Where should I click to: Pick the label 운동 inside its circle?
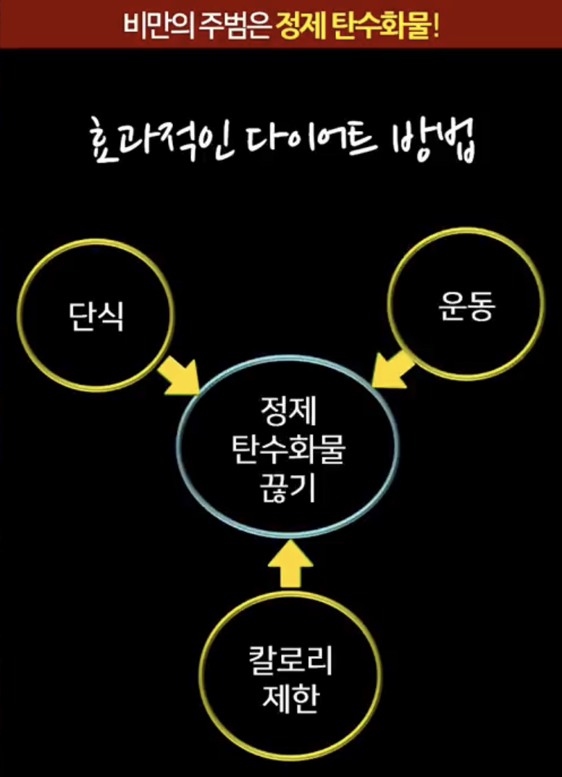pyautogui.click(x=466, y=307)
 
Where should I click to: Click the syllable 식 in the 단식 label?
pyautogui.click(x=108, y=315)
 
